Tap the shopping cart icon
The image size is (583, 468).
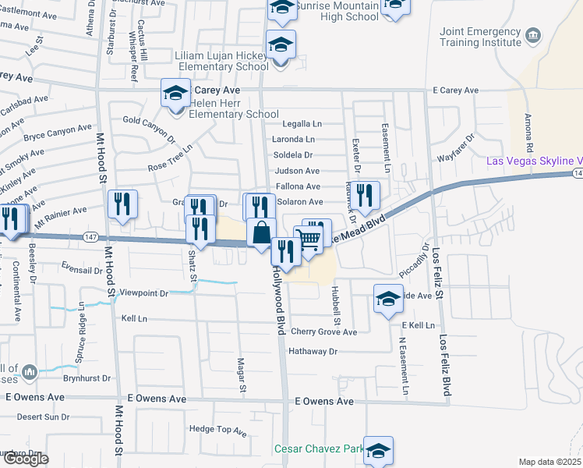click(309, 241)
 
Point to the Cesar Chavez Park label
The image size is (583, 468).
click(319, 448)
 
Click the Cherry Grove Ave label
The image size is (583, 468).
click(323, 331)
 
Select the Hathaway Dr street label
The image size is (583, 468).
click(313, 352)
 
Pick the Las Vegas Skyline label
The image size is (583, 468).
click(534, 161)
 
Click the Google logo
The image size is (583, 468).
click(25, 459)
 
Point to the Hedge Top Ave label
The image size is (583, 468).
click(217, 429)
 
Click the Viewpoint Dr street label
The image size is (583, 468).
click(142, 293)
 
